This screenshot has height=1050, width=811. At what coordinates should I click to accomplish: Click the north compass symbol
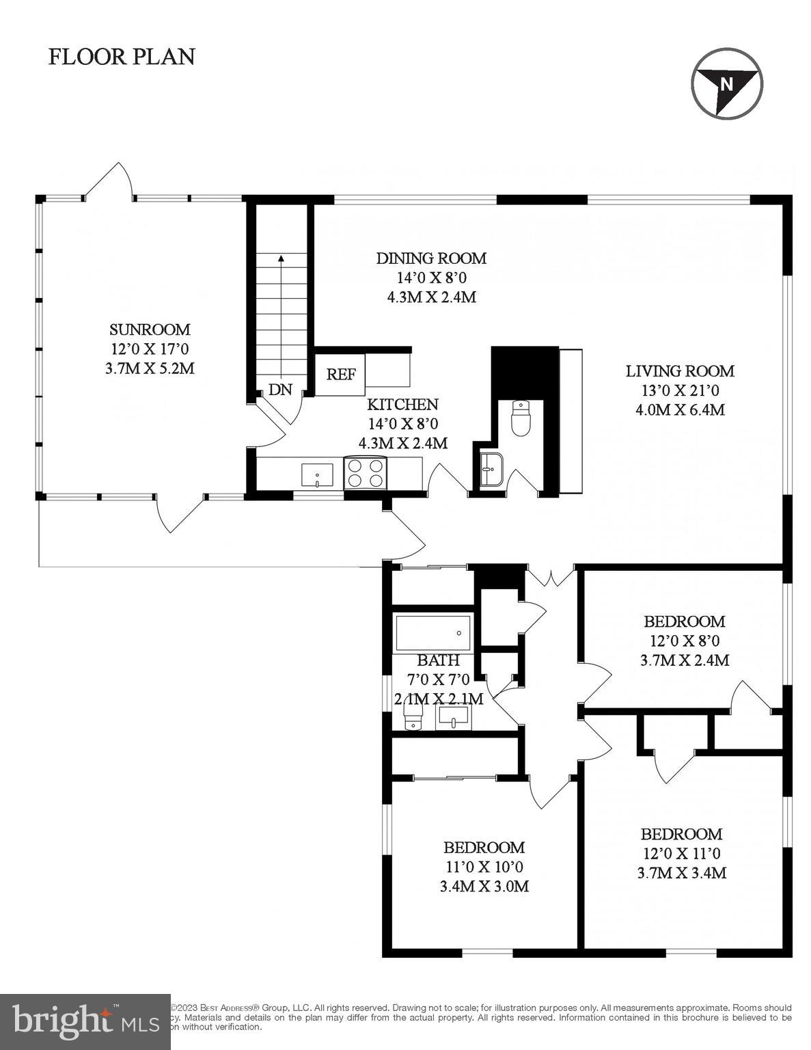pos(727,83)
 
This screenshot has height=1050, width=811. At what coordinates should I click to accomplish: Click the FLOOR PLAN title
pos(122,56)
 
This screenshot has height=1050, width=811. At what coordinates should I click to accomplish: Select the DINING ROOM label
pos(431,258)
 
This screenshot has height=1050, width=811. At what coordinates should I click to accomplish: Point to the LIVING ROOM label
pos(680,371)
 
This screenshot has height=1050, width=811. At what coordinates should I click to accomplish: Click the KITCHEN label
pos(402,404)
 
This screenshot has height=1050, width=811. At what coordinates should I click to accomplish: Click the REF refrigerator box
pos(340,374)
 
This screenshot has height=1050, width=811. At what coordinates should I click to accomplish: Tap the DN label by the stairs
pos(280,390)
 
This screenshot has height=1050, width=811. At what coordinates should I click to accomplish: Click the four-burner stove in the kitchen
pos(365,472)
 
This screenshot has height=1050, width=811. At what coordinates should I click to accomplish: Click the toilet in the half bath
pos(521,418)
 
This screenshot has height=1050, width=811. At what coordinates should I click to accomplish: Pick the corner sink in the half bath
pos(491,470)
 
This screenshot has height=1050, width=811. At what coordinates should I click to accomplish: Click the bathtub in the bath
pos(433,632)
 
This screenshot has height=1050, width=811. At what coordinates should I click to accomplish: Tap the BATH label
pos(438,661)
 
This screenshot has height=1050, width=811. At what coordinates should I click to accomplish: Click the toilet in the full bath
pos(413,718)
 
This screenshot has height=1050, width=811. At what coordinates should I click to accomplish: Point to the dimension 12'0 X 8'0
pos(684,641)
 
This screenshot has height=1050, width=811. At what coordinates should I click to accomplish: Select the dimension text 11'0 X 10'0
pos(484,867)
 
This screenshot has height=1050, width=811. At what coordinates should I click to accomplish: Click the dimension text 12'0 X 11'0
pos(681,853)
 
